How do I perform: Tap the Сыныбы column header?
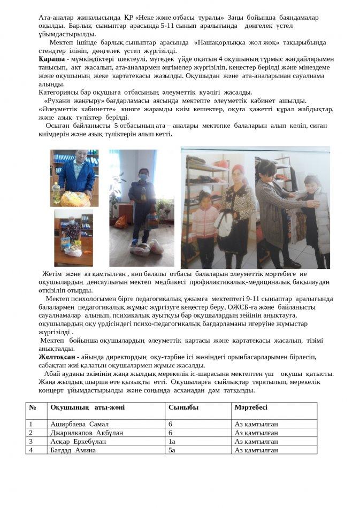coord(183,407)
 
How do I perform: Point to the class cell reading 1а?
coord(172,442)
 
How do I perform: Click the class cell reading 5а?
coord(172,450)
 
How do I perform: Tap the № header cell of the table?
coord(33,407)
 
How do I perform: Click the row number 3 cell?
coord(31,442)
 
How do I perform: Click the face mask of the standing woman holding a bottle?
coord(143,175)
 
